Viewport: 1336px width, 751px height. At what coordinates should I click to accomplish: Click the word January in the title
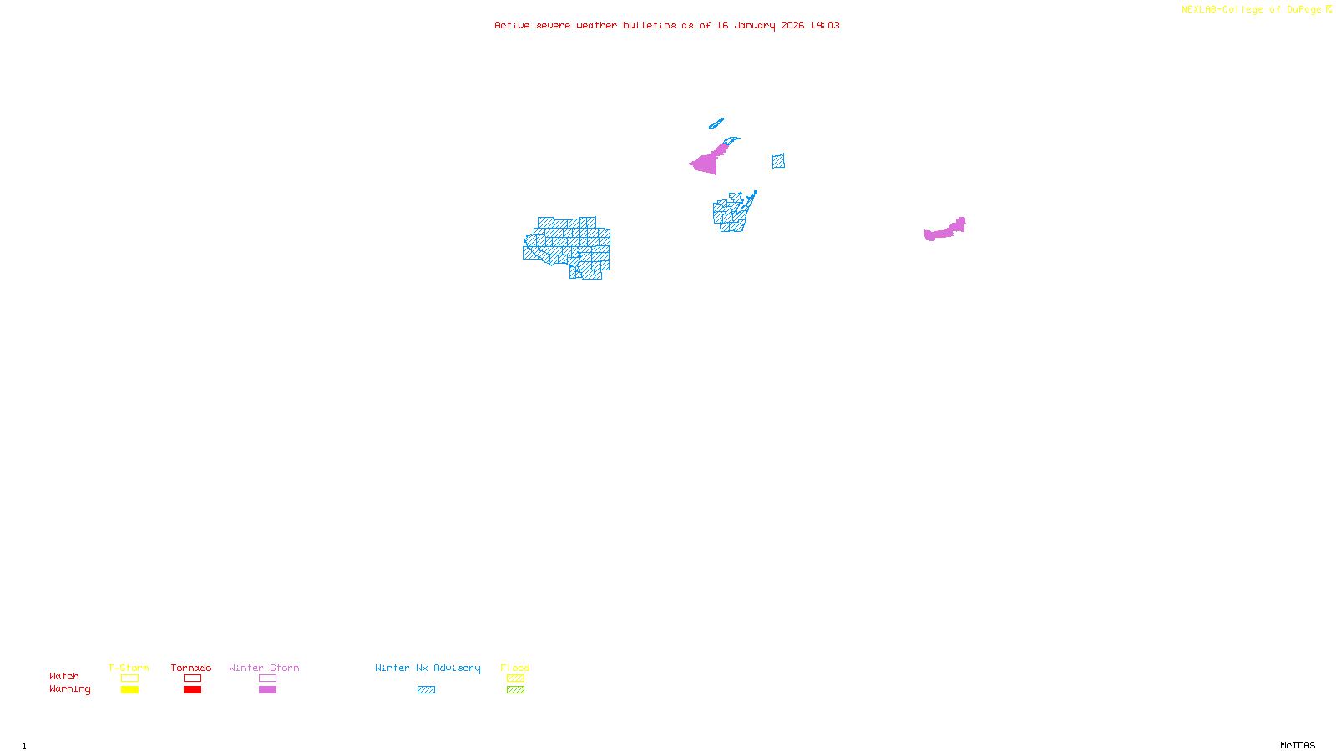click(755, 26)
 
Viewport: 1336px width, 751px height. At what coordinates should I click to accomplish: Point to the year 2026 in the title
click(792, 26)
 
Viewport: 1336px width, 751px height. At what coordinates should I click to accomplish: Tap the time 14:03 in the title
click(825, 26)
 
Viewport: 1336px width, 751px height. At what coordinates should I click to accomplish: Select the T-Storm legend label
click(129, 668)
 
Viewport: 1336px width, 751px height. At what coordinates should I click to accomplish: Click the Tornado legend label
click(191, 668)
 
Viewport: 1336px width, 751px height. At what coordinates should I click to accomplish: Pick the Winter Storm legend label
click(264, 668)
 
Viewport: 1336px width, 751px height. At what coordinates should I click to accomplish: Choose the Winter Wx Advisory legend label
click(428, 668)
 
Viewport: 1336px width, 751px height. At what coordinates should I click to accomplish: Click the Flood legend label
click(515, 668)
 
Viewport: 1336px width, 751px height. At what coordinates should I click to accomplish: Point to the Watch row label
click(64, 676)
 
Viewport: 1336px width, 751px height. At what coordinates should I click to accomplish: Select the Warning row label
click(70, 689)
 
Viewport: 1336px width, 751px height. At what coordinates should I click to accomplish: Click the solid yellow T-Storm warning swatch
click(129, 690)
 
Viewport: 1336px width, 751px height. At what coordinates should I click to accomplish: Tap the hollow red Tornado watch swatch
click(192, 678)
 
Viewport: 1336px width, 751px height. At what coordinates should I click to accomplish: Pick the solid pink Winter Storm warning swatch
click(267, 690)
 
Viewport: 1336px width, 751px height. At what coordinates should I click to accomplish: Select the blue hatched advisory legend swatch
click(426, 690)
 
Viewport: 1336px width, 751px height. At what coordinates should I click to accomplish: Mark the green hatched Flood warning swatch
click(515, 690)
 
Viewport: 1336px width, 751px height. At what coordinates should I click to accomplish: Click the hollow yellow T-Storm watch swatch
click(129, 678)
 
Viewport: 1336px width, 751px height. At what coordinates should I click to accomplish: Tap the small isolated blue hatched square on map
click(778, 161)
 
